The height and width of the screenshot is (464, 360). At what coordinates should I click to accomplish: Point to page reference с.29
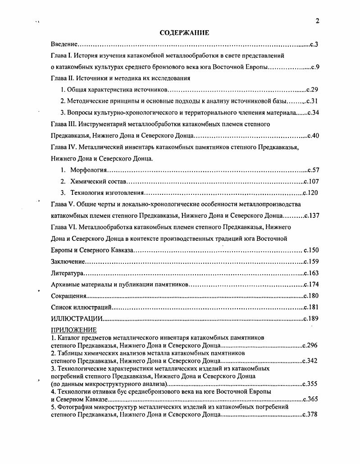point(312,90)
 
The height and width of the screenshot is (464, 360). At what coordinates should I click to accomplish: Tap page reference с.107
point(311,182)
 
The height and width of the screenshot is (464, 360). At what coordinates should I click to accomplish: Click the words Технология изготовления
point(107,193)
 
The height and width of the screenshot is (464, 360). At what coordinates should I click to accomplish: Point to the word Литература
point(67,273)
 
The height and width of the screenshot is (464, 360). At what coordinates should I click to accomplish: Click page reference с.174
point(311,285)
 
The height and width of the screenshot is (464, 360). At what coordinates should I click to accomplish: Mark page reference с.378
point(310,414)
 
